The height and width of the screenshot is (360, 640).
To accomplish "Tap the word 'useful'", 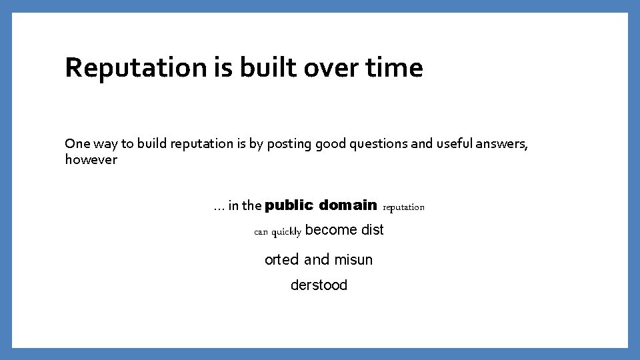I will (x=455, y=143).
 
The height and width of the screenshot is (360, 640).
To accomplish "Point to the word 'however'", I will (x=91, y=159).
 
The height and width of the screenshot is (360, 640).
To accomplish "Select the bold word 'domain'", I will (x=348, y=205).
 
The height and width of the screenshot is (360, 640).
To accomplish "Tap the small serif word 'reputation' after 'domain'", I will (x=403, y=207).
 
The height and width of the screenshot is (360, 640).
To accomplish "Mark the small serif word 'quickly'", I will (x=287, y=232).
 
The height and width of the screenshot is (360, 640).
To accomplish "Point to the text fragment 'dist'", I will (x=372, y=230).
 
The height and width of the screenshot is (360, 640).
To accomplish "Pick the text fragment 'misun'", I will (x=354, y=259).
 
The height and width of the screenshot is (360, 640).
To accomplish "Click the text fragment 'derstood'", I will (x=319, y=285).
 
